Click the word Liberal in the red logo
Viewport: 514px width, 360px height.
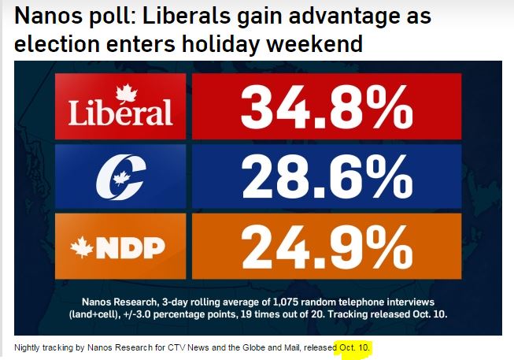tap(120, 113)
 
